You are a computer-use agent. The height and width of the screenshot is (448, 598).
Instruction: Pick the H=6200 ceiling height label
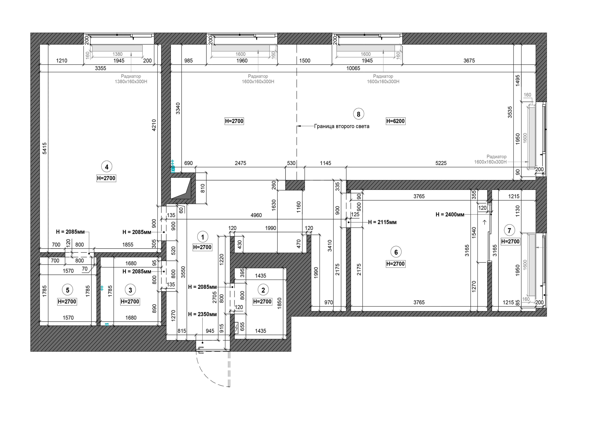(395, 121)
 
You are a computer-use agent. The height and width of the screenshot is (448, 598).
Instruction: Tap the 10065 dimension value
(353, 68)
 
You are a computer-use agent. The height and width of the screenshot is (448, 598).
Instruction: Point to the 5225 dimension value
(441, 163)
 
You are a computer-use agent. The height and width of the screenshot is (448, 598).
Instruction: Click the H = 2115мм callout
(382, 222)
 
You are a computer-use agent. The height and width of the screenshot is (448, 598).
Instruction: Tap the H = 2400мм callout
(450, 215)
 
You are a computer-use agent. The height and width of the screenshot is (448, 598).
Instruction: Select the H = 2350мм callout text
(203, 314)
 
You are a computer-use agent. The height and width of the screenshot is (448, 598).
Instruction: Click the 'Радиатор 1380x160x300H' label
(131, 79)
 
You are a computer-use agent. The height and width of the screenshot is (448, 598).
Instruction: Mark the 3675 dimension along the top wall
(469, 61)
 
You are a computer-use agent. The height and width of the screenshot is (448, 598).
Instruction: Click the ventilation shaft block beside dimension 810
(181, 188)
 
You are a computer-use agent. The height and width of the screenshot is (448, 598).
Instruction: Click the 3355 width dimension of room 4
(101, 68)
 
